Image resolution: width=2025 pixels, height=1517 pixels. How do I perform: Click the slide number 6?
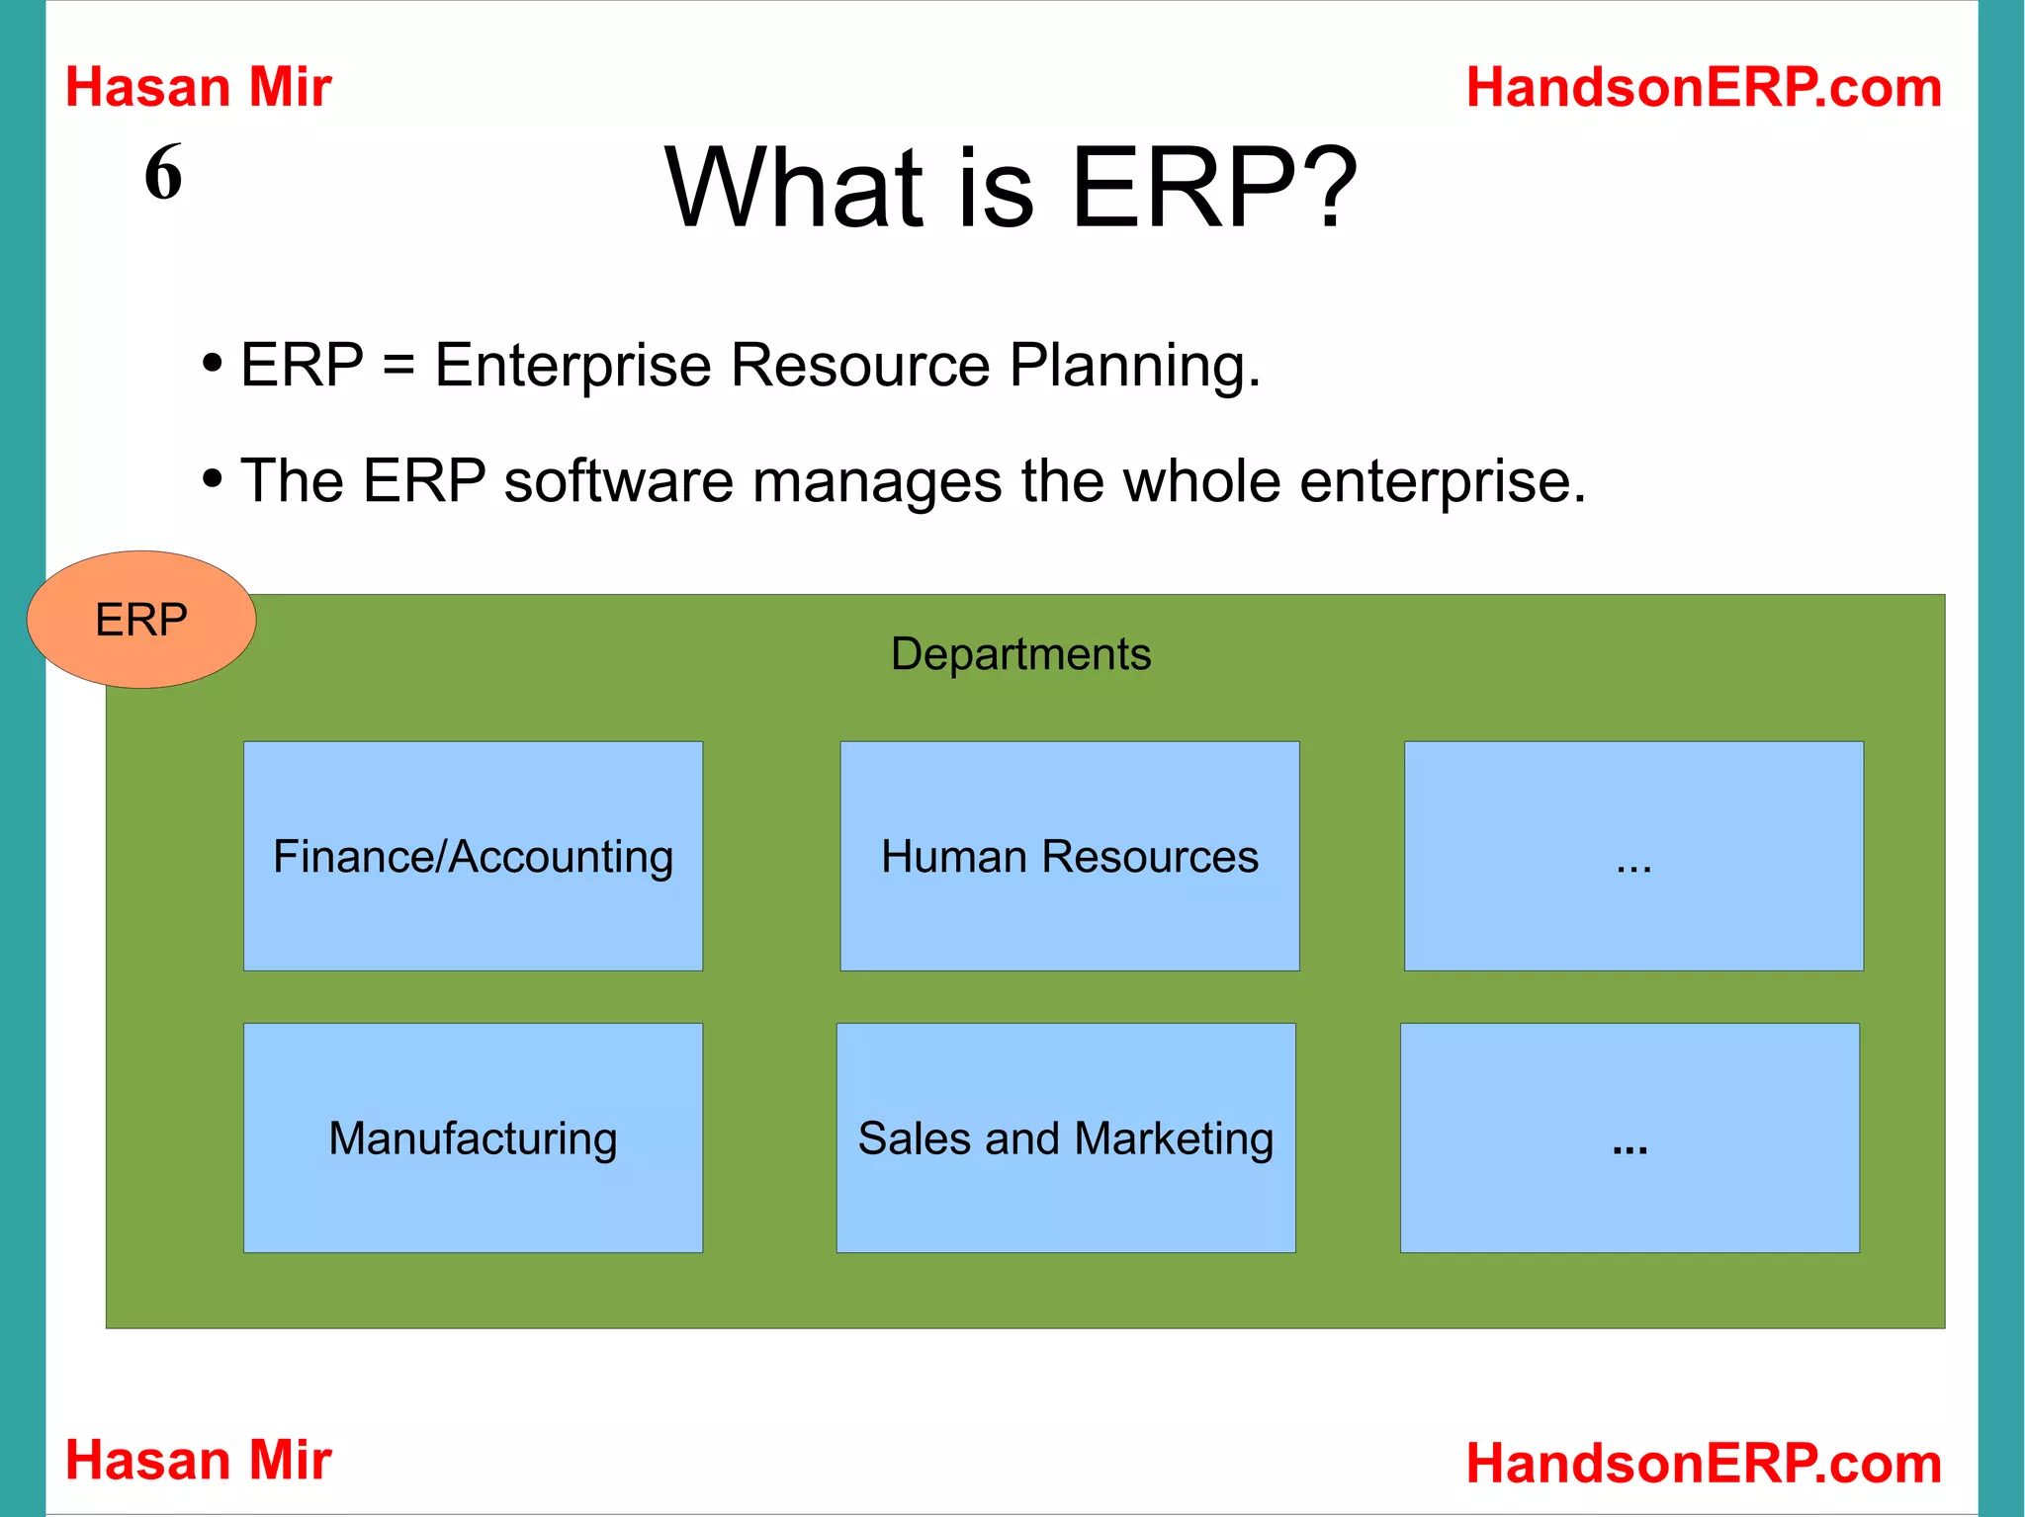[x=163, y=173]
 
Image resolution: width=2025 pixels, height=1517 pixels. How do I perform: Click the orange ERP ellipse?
[x=141, y=620]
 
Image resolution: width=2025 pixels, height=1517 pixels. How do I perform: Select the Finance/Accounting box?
[x=473, y=856]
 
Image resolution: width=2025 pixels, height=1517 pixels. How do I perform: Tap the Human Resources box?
[x=1069, y=856]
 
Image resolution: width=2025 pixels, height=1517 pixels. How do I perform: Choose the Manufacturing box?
[x=473, y=1138]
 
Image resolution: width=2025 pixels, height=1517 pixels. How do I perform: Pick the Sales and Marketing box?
[x=1065, y=1138]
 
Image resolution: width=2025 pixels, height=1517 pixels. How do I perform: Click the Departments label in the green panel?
[x=1020, y=654]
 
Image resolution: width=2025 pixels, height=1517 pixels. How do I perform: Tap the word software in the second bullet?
[x=618, y=481]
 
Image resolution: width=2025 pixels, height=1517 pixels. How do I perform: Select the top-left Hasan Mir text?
[x=198, y=87]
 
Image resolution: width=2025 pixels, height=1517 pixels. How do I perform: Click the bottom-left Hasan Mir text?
[x=198, y=1460]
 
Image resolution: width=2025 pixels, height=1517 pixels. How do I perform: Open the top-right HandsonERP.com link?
[x=1703, y=87]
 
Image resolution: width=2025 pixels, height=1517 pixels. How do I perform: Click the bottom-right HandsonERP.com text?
[x=1703, y=1463]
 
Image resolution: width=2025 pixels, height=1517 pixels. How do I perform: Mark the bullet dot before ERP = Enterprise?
[x=212, y=364]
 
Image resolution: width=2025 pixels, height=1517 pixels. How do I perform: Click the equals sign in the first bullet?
[x=397, y=366]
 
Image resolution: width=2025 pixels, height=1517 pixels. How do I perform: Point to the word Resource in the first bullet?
[x=859, y=366]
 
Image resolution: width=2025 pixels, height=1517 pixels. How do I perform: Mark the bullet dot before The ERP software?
[x=212, y=479]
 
